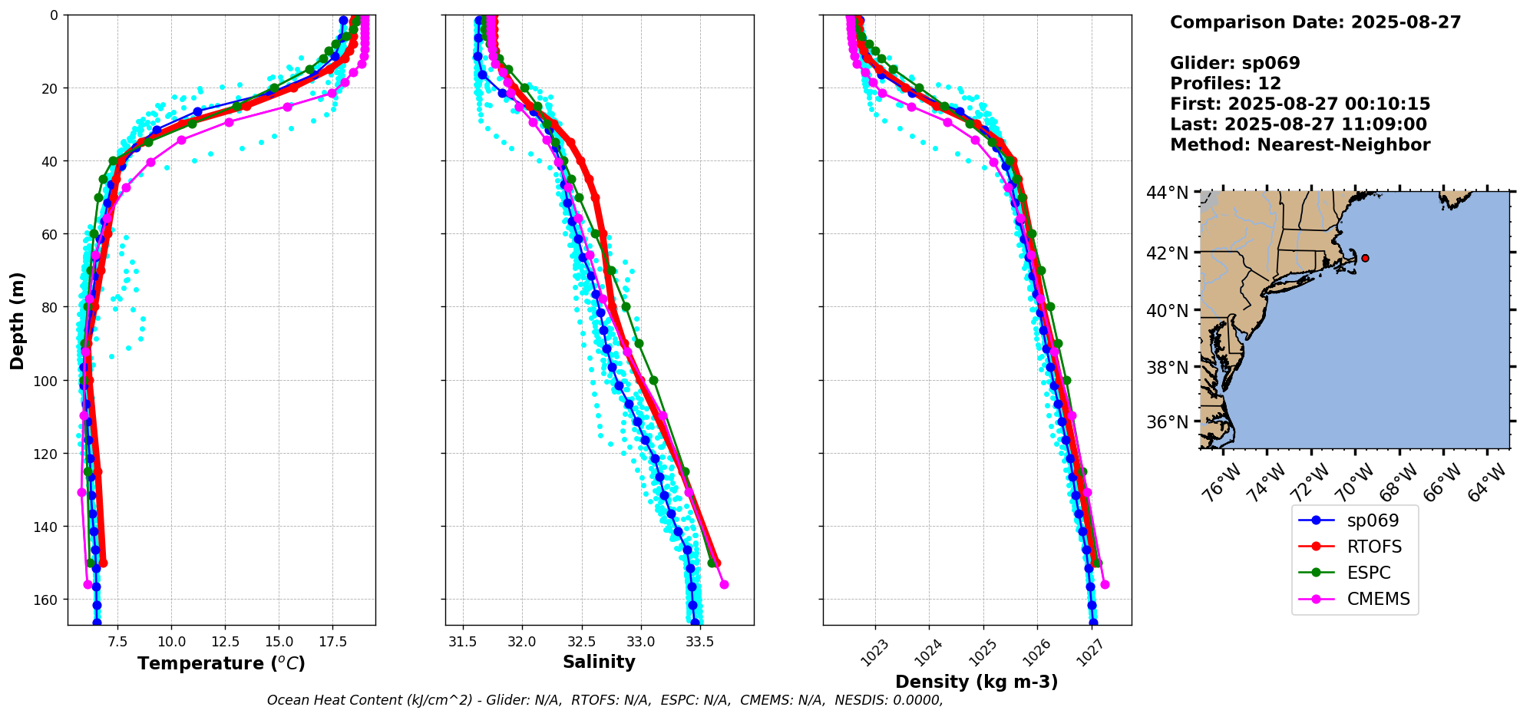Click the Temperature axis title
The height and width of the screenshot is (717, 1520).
221,663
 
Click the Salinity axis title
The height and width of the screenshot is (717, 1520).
599,662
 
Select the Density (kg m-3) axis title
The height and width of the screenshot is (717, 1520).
976,682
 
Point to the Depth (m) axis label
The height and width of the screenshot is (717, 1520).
17,320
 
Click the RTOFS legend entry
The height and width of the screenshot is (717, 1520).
1374,547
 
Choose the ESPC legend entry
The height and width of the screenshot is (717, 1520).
1369,573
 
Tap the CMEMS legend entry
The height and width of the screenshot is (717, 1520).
1378,599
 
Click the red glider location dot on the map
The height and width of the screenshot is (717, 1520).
1365,258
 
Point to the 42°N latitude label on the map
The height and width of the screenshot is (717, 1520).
1168,253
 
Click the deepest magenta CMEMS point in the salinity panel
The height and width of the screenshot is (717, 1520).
724,585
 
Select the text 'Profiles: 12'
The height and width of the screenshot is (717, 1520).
1225,84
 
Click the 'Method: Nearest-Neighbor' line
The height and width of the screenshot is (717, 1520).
1300,145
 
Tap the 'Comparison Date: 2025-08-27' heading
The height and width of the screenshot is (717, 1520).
1315,22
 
